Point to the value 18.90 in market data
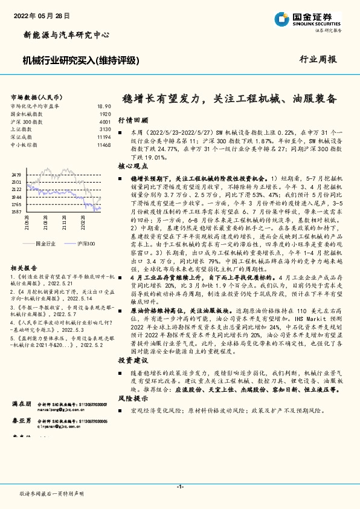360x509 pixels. (104, 106)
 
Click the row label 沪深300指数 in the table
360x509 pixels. (24, 122)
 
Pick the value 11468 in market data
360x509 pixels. (103, 145)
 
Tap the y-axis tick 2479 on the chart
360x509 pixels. (16, 174)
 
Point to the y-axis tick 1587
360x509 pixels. (16, 212)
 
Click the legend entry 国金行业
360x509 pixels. (45, 242)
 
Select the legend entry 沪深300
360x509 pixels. (86, 242)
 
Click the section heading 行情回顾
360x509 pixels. (129, 120)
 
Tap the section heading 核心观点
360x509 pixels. (129, 165)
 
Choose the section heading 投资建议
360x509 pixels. (129, 359)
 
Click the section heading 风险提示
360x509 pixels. (129, 399)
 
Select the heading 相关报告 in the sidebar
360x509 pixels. (24, 267)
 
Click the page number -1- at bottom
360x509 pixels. (180, 487)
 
